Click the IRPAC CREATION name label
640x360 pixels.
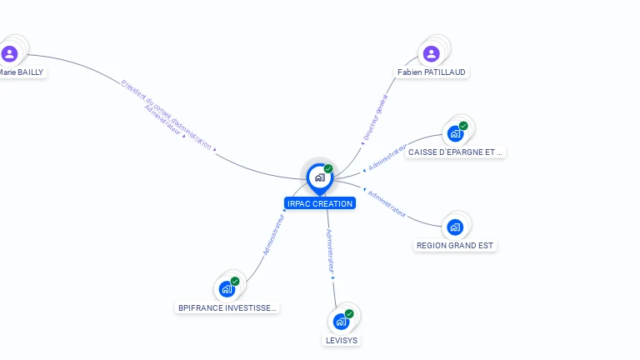pos(320,203)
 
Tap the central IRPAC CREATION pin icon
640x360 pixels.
pos(320,177)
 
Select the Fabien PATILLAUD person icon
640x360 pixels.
pos(431,53)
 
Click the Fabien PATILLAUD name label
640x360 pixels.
pos(432,72)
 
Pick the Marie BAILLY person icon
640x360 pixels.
pos(9,53)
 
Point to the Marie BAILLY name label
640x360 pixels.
pos(21,72)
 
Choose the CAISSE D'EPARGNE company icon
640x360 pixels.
pos(455,133)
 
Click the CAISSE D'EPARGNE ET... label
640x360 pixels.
pos(456,152)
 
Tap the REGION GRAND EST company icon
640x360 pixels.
pos(455,227)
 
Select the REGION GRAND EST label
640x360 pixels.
pos(456,246)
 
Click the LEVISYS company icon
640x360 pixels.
pos(341,321)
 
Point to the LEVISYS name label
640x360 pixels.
pos(342,340)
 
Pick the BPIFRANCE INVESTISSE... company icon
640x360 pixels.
pos(227,289)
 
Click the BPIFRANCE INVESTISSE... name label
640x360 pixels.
pos(227,308)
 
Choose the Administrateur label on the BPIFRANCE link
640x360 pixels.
pos(274,234)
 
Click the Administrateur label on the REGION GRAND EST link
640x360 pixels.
pos(387,204)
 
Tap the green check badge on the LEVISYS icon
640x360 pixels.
pos(349,313)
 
